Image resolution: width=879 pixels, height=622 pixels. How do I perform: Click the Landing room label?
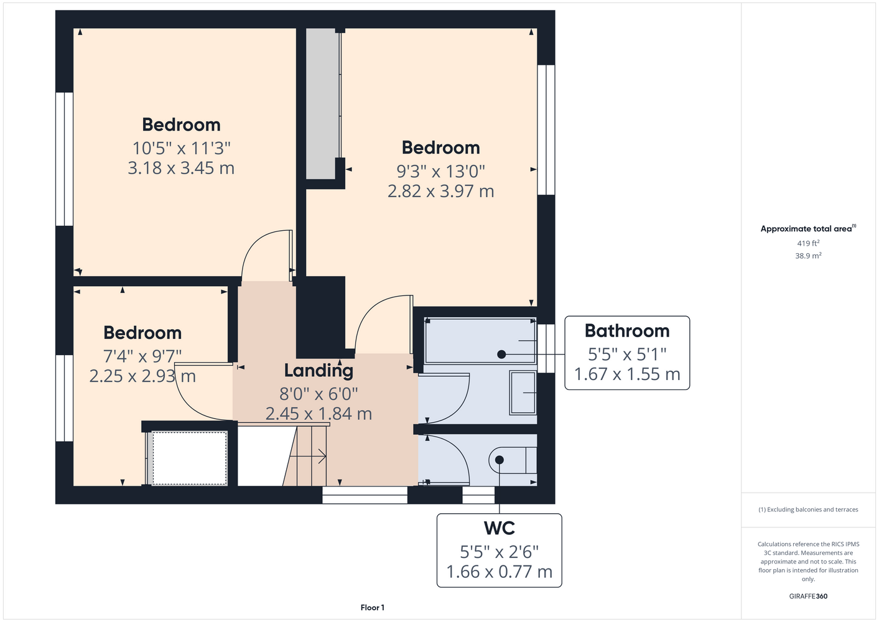(319, 371)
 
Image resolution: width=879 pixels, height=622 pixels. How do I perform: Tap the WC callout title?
(499, 528)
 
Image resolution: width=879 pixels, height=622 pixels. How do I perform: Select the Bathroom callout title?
(627, 331)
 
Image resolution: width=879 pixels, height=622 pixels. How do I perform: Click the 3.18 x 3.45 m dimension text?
(181, 168)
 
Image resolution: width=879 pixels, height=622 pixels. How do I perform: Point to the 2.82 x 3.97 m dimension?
(440, 191)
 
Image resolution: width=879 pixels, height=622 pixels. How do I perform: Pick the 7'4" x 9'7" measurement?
(142, 356)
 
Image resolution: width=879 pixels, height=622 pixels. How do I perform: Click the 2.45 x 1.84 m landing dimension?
(319, 414)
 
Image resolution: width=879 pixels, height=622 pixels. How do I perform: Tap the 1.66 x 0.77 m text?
(499, 572)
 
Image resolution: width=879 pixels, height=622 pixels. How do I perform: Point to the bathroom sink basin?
(523, 393)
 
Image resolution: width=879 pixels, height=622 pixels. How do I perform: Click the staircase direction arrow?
(308, 457)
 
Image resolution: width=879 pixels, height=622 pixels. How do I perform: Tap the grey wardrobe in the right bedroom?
(321, 104)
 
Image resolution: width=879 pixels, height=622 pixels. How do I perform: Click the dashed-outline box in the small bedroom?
(190, 458)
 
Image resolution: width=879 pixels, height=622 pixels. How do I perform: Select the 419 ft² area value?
(808, 243)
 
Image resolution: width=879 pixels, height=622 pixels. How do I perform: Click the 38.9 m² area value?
(808, 256)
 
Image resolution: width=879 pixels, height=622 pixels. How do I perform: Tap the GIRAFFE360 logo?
(808, 596)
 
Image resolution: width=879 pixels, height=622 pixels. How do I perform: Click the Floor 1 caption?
(373, 608)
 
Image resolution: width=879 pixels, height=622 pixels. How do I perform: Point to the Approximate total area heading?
(808, 228)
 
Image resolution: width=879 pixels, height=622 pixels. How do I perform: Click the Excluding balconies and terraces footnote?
(808, 509)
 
